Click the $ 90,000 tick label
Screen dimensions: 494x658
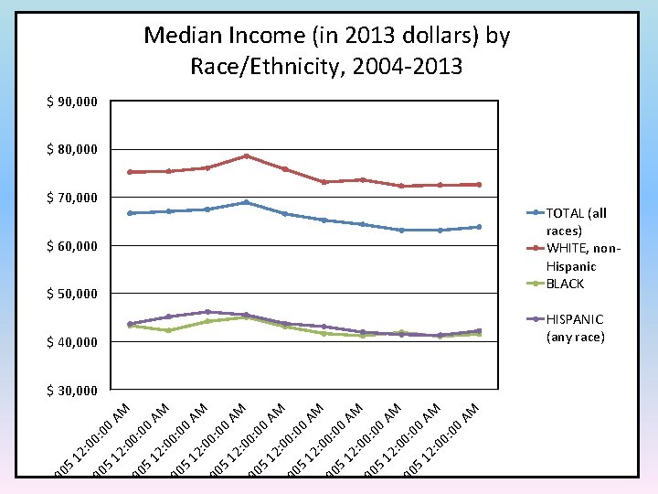pos(71,102)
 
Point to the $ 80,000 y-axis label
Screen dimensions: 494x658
pos(71,149)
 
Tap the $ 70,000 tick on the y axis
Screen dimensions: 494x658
pos(71,198)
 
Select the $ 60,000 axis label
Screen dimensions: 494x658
pos(71,246)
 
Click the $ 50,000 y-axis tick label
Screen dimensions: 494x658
pos(71,294)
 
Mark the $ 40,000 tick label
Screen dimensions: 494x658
pos(71,342)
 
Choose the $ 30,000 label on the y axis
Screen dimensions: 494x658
pos(71,391)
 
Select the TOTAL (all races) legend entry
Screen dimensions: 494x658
pos(576,221)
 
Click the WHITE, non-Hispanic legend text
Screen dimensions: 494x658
pos(583,257)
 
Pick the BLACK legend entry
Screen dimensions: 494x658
pos(565,284)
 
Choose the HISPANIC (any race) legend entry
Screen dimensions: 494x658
pos(574,328)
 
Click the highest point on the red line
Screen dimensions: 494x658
pos(246,156)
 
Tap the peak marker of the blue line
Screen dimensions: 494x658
pos(246,202)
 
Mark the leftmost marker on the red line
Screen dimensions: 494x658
pos(130,172)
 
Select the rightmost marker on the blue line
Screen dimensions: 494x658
pos(479,227)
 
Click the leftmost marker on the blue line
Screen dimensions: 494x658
pos(130,213)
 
